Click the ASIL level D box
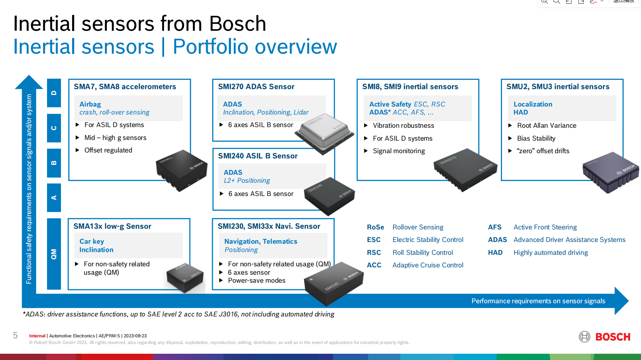[54, 93]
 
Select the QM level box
[54, 254]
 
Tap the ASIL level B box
[54, 163]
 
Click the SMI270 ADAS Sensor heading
[256, 87]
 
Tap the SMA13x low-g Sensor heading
[112, 226]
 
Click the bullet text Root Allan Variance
[547, 126]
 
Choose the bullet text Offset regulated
[108, 150]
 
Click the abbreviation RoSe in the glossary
[375, 227]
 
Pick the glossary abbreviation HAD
[495, 253]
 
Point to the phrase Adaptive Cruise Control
[428, 265]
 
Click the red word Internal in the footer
[37, 336]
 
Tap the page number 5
[15, 335]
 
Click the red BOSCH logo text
[613, 337]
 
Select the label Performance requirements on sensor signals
[538, 301]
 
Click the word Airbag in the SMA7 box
[90, 104]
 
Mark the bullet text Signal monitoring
[399, 151]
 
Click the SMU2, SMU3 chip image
[611, 172]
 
